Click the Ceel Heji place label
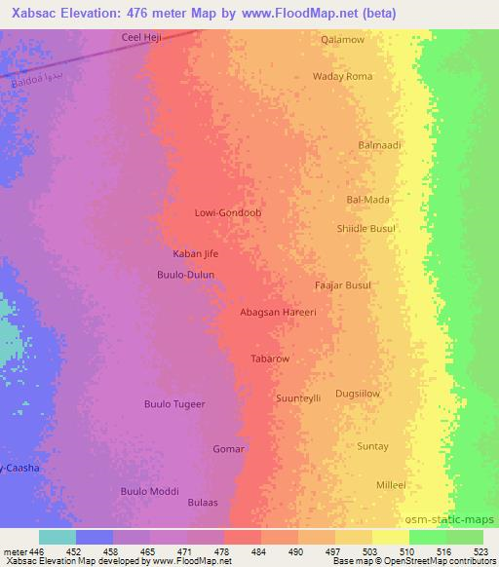[x=139, y=37]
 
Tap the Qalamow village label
[x=343, y=40]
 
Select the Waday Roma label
[x=342, y=76]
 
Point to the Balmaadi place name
[x=380, y=145]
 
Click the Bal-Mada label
[x=367, y=200]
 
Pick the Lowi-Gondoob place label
[x=229, y=211]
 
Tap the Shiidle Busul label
[x=365, y=228]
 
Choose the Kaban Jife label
[x=195, y=254]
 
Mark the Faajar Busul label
[x=343, y=285]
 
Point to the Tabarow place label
[x=270, y=359]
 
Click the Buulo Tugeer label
[x=174, y=403]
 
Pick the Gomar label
[x=228, y=449]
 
